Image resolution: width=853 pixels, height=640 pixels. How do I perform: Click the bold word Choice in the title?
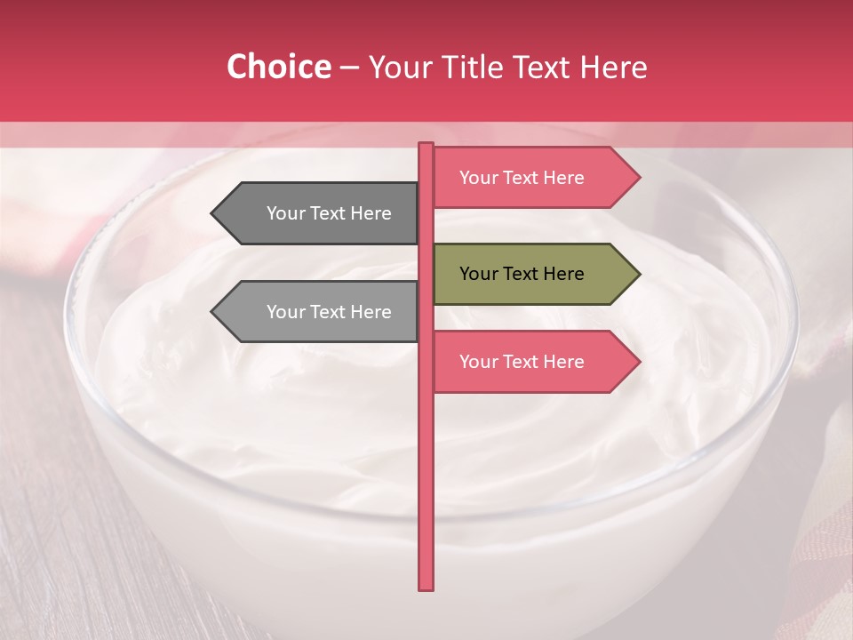point(278,67)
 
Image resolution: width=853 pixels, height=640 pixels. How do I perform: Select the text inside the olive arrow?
point(522,274)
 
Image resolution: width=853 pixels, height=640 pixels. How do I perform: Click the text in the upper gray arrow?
point(329,213)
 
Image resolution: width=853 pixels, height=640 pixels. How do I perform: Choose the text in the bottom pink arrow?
point(522,362)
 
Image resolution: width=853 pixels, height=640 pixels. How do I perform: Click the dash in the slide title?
point(349,68)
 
